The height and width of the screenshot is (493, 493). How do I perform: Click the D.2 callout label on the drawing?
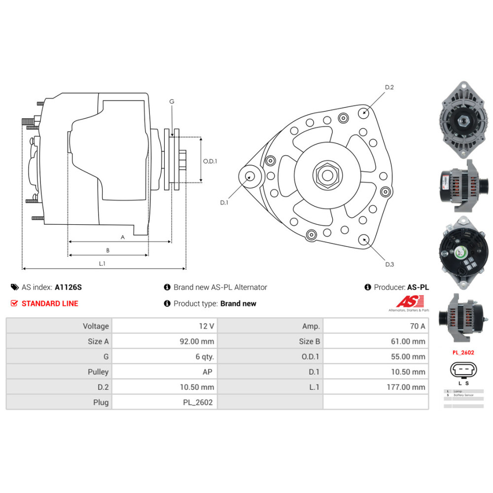(389, 87)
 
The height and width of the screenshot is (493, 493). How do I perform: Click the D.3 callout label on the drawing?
(389, 264)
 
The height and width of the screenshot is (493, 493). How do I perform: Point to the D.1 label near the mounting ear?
(224, 202)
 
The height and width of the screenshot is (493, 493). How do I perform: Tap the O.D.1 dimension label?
(210, 161)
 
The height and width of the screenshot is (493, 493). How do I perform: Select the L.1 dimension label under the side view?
(102, 263)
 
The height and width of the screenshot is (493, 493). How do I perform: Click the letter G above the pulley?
(172, 102)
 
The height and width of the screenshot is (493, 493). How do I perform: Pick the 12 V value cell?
(207, 326)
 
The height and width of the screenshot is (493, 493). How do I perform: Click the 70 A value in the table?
(417, 326)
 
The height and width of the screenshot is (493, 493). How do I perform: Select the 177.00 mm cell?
(405, 387)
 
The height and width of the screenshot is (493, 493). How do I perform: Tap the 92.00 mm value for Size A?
(197, 341)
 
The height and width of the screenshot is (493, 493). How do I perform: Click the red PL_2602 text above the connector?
(463, 352)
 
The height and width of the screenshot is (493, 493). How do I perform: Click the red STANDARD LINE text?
(50, 303)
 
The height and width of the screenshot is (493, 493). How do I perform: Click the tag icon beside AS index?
(14, 287)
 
